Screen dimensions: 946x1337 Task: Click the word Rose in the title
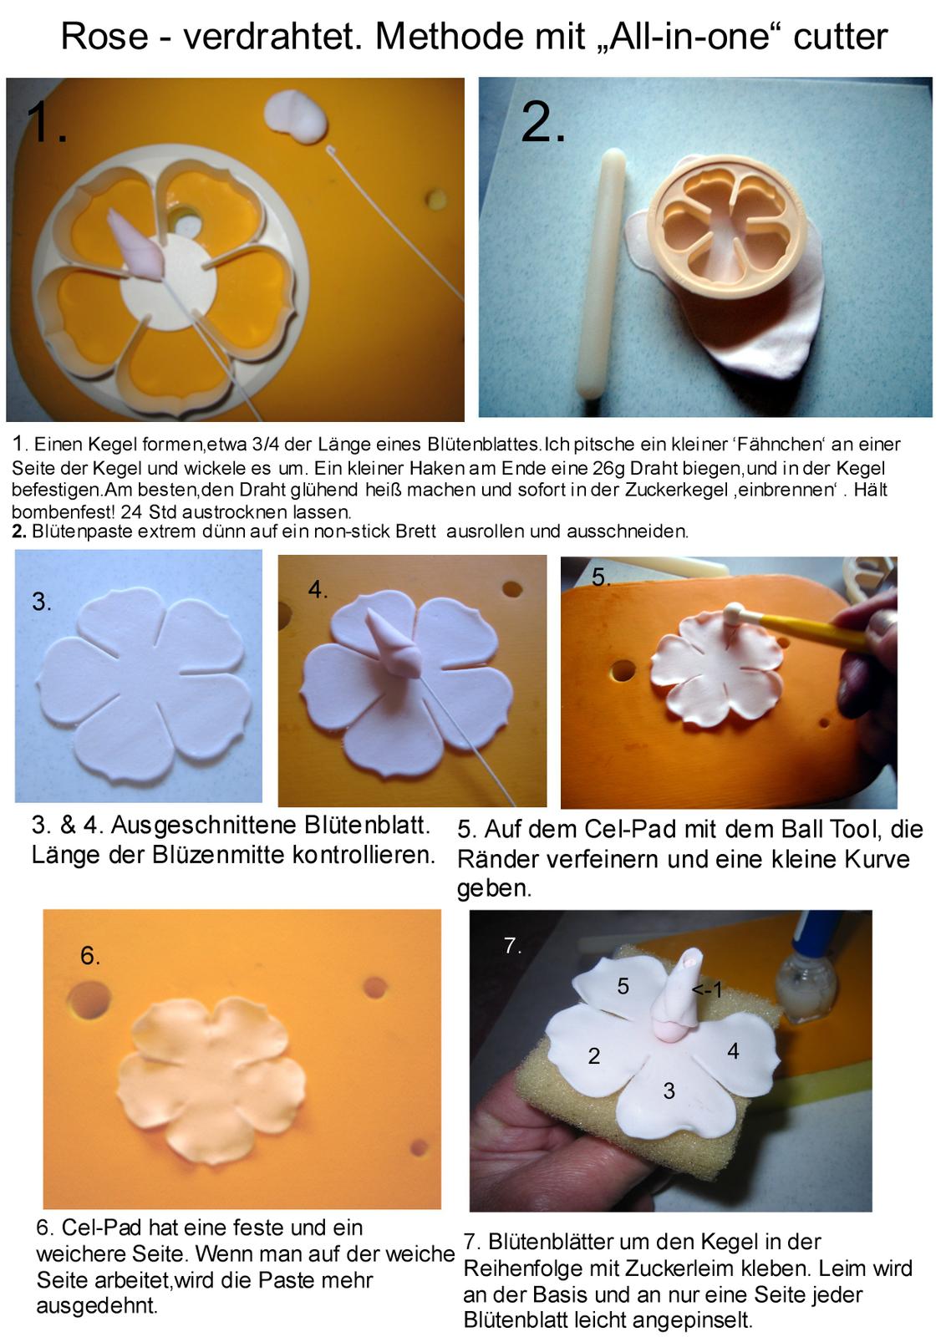104,37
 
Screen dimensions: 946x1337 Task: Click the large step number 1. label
46,122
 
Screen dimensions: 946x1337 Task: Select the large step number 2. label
542,122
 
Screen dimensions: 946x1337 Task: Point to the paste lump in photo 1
297,116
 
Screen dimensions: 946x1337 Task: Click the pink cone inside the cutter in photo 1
137,245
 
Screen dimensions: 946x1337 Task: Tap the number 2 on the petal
593,1056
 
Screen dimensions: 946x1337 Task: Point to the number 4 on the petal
733,1050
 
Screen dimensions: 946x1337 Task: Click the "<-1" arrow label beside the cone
707,990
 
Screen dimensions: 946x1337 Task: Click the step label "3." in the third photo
41,601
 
